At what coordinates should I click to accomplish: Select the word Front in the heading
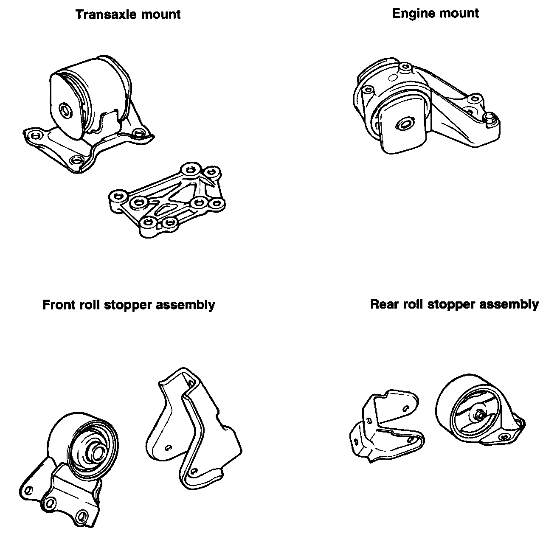59,305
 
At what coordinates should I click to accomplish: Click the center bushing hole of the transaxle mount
65,111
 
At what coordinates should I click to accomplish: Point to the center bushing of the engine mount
404,124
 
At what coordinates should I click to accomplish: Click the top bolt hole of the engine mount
405,66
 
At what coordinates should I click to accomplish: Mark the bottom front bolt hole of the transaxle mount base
76,160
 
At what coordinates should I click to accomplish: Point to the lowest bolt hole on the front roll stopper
82,517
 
